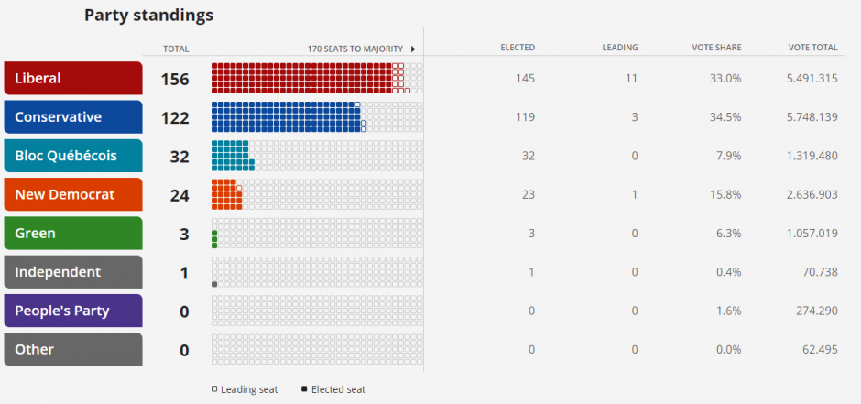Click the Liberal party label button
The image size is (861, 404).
[x=73, y=78]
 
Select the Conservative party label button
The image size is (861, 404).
[x=73, y=117]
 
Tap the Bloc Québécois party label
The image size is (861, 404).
[x=73, y=156]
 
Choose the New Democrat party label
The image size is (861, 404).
[x=73, y=194]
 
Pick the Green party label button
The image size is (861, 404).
[x=73, y=234]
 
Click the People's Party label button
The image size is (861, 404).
[x=73, y=311]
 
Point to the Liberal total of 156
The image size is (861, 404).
[x=175, y=80]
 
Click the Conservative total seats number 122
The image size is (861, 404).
[x=175, y=118]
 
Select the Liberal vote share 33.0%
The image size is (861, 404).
[x=725, y=79]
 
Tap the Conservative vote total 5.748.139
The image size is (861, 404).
[x=812, y=117]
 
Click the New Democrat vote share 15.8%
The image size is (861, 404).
[x=725, y=195]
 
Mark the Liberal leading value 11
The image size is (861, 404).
[x=631, y=79]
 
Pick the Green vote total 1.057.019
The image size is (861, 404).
[x=812, y=234]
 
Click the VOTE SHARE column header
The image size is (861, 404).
[x=716, y=48]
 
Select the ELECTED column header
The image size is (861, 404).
[x=518, y=48]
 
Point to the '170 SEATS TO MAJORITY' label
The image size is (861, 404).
[x=354, y=49]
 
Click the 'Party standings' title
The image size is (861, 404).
[x=148, y=16]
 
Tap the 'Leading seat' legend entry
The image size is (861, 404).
[x=245, y=389]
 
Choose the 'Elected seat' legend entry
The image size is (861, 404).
[x=333, y=389]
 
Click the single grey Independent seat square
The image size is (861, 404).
[x=214, y=284]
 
